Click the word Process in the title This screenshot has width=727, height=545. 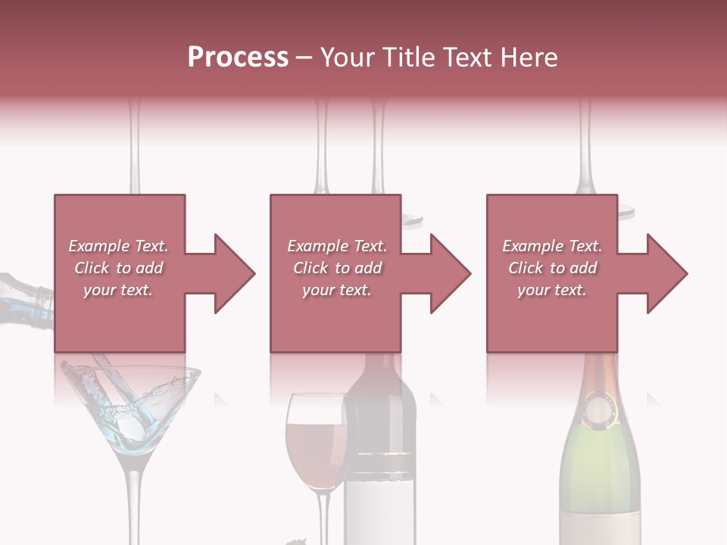(x=238, y=58)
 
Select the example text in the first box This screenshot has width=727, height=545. (x=118, y=268)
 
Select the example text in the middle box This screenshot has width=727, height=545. (x=336, y=268)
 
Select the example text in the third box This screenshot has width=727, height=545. (x=552, y=268)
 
